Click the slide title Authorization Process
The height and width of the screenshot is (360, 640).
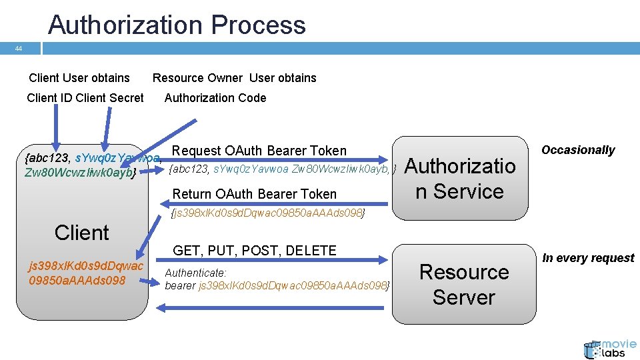pos(177,25)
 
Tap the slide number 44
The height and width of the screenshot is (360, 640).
pos(19,49)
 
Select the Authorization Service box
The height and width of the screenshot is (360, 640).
pos(460,178)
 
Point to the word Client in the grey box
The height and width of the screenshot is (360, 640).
pos(81,233)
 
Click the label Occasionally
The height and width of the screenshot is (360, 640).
pos(577,150)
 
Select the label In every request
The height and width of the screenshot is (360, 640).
pos(588,258)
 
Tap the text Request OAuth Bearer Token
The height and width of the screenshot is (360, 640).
pos(259,151)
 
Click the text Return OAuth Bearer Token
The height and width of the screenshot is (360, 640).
pos(254,194)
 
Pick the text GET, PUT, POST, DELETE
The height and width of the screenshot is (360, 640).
pos(255,251)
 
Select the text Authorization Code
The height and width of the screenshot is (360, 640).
pos(215,98)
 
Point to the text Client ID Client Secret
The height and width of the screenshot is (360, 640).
pos(85,98)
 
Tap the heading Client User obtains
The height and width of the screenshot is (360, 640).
pos(79,78)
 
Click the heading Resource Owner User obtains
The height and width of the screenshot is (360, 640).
pos(234,78)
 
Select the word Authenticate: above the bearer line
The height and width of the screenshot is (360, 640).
pos(195,273)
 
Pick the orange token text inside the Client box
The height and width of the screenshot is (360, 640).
pos(85,273)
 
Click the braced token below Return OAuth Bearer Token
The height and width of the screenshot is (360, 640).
pos(268,213)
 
